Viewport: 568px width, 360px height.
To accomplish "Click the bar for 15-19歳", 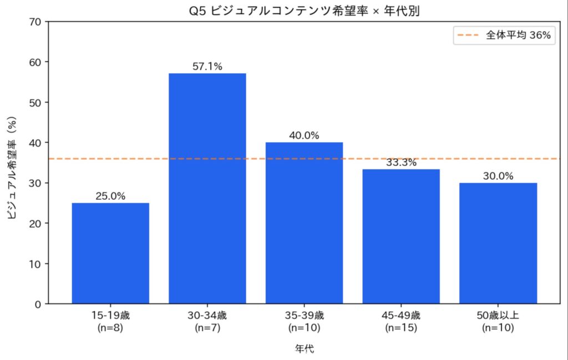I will [x=110, y=253].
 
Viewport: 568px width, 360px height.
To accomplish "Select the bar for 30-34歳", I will [x=207, y=189].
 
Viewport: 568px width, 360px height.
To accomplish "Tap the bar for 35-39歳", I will [x=304, y=223].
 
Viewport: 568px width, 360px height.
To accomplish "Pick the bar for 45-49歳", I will [x=401, y=236].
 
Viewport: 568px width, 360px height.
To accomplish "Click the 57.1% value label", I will [x=207, y=67].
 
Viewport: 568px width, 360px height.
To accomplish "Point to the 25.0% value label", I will [x=110, y=196].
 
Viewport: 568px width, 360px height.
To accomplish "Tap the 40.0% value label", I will [x=304, y=136].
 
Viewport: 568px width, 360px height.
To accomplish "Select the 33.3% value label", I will [x=401, y=163].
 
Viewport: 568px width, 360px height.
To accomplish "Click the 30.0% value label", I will [x=498, y=176].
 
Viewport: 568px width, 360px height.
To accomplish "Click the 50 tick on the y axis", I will [x=35, y=103].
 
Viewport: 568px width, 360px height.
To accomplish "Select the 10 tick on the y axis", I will [x=35, y=263].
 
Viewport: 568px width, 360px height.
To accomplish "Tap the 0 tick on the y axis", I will [x=38, y=304].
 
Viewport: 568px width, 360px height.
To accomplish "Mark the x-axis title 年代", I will [x=303, y=348].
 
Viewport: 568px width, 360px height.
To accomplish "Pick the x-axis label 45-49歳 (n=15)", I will [x=401, y=322].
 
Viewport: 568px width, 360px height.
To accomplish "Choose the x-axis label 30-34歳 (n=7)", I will [x=207, y=322].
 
